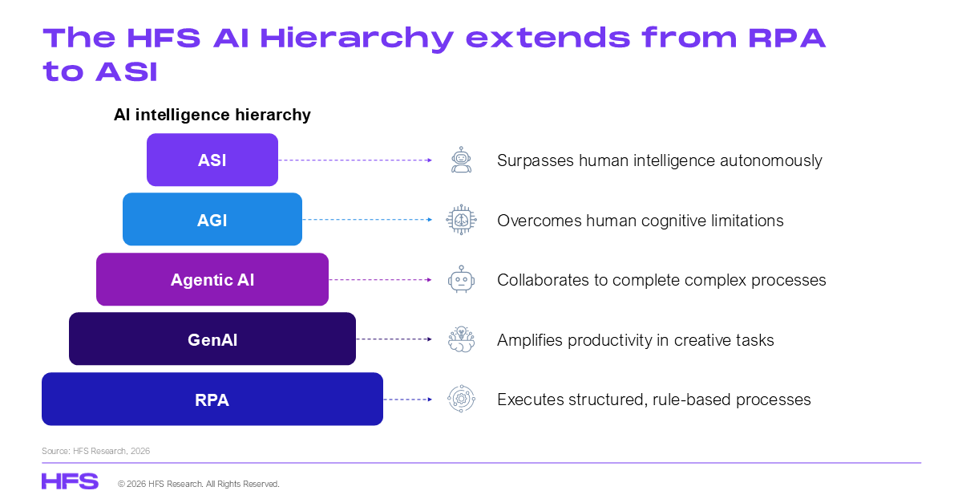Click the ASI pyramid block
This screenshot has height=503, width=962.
212,160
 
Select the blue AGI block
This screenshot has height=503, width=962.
212,219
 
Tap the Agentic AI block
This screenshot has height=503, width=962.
212,279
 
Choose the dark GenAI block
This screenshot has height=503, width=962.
212,339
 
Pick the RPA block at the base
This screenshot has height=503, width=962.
212,399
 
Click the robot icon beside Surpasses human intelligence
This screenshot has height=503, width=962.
461,160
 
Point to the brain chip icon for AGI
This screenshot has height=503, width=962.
461,220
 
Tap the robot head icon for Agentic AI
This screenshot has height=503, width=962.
461,279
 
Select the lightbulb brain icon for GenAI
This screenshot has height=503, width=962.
461,339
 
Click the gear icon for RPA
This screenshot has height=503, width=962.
461,399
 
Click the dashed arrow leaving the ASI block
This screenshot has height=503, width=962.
355,160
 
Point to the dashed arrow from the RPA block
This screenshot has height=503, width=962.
407,400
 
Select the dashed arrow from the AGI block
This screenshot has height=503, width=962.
367,219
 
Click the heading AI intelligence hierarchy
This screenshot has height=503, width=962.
212,115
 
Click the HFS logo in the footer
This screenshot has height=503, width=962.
70,481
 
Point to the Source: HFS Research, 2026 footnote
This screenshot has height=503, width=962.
95,451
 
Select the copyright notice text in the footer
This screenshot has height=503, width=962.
199,484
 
